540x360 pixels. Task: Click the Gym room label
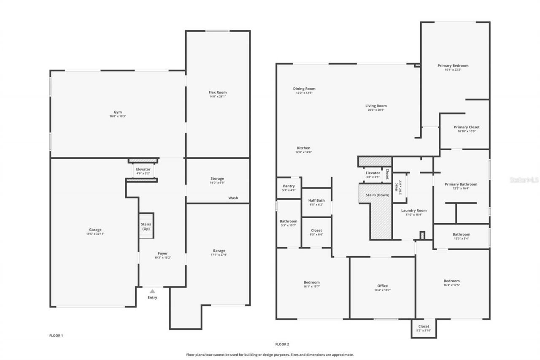[118, 112]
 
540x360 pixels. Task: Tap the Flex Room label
[218, 92]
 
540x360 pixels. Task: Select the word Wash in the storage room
[233, 198]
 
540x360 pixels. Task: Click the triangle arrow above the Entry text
[152, 291]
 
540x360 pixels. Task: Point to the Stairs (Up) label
[146, 227]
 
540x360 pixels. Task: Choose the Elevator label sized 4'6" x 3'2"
[143, 169]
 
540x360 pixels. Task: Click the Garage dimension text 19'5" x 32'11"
[95, 234]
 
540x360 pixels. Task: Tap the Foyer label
[162, 254]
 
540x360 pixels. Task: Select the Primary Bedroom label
[453, 66]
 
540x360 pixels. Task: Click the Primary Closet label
[467, 127]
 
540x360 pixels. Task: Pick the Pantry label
[289, 186]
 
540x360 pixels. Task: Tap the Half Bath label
[316, 200]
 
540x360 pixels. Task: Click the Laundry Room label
[413, 211]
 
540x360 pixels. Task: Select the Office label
[382, 286]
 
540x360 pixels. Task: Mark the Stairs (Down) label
[377, 195]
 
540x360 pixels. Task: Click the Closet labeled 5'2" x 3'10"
[424, 330]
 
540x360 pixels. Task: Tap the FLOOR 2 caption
[282, 344]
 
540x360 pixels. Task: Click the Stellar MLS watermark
[524, 180]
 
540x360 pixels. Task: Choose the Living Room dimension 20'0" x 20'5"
[375, 110]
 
